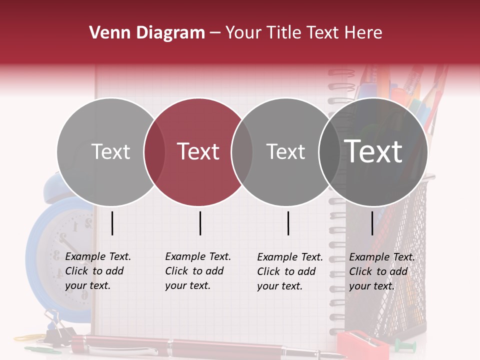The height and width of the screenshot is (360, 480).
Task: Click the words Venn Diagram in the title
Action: [x=146, y=33]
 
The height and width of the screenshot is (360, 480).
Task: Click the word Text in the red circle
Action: [x=198, y=151]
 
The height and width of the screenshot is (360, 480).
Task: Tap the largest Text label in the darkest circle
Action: [x=373, y=151]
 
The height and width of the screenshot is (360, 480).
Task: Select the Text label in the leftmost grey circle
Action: [x=110, y=151]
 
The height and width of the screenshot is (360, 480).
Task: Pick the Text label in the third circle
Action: [x=285, y=151]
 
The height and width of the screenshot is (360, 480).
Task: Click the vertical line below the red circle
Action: [x=200, y=223]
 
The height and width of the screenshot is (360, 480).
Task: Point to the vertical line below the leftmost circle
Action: [x=112, y=223]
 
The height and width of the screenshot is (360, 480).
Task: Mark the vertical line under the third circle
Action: [x=288, y=223]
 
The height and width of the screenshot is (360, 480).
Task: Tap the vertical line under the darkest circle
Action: [x=372, y=223]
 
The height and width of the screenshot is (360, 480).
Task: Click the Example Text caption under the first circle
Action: [x=97, y=271]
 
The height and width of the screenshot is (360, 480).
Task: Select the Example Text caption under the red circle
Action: [x=197, y=271]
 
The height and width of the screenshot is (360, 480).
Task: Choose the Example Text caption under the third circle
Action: [x=289, y=271]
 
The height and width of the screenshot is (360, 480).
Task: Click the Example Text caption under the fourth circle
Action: [x=381, y=271]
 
